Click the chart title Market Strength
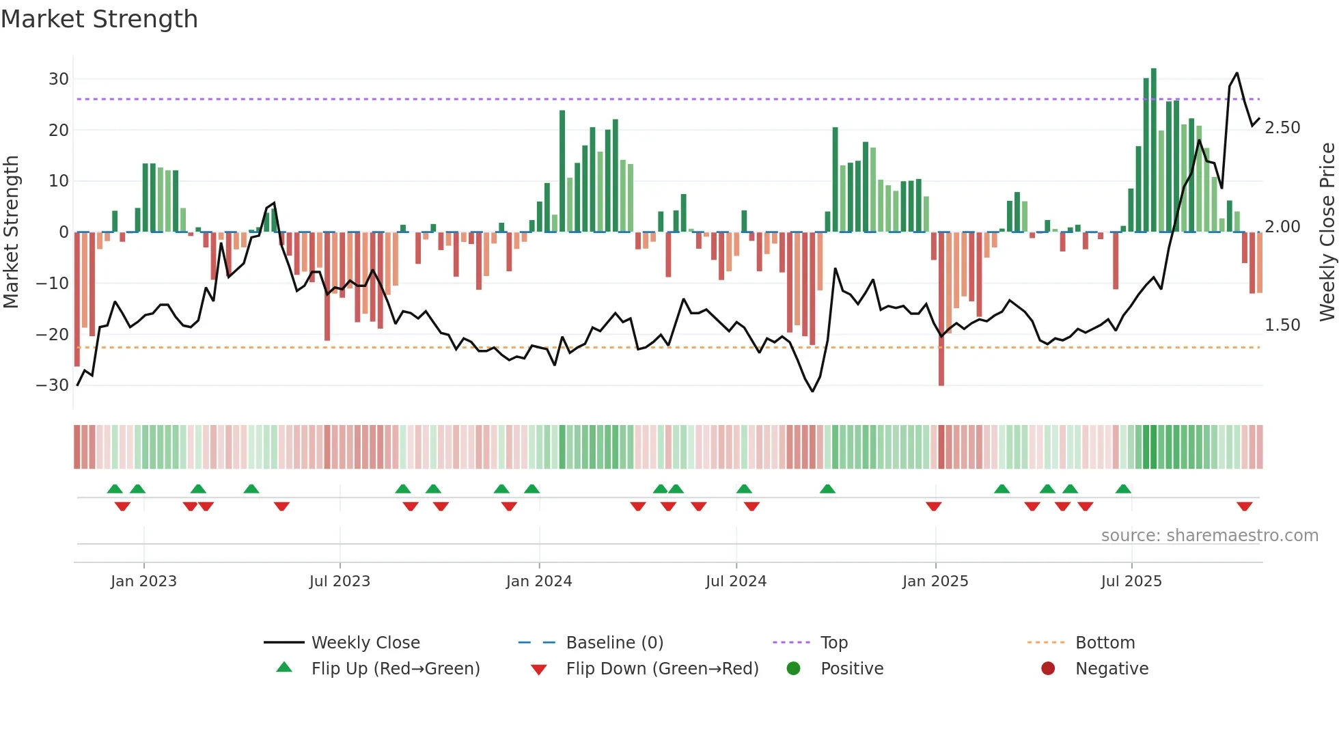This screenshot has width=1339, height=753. click(x=99, y=19)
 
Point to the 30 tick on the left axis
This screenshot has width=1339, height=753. click(x=59, y=79)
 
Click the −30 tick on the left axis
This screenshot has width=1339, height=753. click(x=53, y=385)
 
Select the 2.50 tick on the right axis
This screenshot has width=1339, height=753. click(x=1282, y=128)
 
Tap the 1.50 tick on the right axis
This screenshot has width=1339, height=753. click(x=1282, y=325)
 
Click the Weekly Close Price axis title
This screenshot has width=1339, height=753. click(x=1327, y=232)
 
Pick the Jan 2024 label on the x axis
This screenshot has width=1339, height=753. click(x=538, y=581)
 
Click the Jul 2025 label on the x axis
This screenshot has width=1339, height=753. click(x=1131, y=581)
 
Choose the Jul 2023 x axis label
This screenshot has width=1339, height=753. click(x=340, y=581)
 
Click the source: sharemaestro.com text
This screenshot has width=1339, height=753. click(x=1209, y=536)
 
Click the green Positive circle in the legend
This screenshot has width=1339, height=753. click(x=793, y=669)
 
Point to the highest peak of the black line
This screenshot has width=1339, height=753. click(x=1237, y=73)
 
